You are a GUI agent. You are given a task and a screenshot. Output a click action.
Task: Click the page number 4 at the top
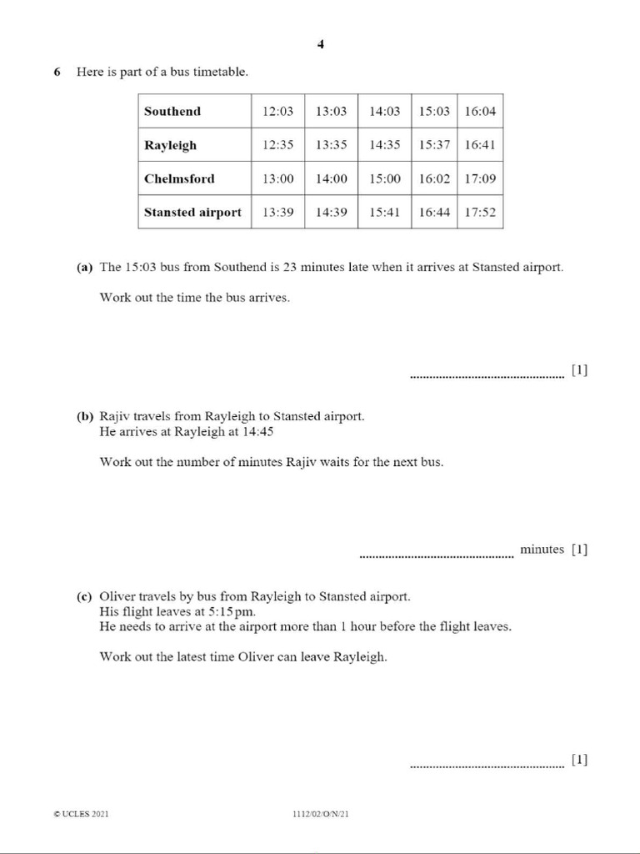pos(320,45)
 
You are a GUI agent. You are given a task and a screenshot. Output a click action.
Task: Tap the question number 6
pos(57,72)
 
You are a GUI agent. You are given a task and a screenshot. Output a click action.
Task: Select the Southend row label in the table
pos(172,111)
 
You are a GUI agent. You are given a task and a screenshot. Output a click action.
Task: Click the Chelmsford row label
pos(179,178)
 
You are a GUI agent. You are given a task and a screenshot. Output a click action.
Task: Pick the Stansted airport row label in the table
pos(192,212)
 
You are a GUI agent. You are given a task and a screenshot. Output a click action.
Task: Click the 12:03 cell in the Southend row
pos(277,111)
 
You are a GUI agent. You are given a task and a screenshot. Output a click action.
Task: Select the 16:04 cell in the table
pos(480,111)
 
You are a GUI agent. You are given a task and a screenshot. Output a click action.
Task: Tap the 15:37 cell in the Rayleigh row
pos(434,145)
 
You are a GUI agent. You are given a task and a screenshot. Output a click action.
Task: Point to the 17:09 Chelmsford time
pos(480,178)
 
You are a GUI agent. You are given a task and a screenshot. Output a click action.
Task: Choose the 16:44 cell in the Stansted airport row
pos(434,212)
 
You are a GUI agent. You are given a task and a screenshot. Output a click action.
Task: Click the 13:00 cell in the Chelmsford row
pos(277,178)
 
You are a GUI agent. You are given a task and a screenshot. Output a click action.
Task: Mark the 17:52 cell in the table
pos(480,212)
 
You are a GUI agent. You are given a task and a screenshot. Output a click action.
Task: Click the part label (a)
pos(84,268)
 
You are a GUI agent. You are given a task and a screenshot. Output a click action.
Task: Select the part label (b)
pos(84,415)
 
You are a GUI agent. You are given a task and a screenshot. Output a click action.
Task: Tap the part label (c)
pos(84,596)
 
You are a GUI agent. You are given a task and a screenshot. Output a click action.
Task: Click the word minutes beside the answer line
pos(542,549)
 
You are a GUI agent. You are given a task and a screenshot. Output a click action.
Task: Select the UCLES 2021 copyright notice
pos(81,814)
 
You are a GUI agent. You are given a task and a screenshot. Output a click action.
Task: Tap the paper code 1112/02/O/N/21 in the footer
pos(321,814)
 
